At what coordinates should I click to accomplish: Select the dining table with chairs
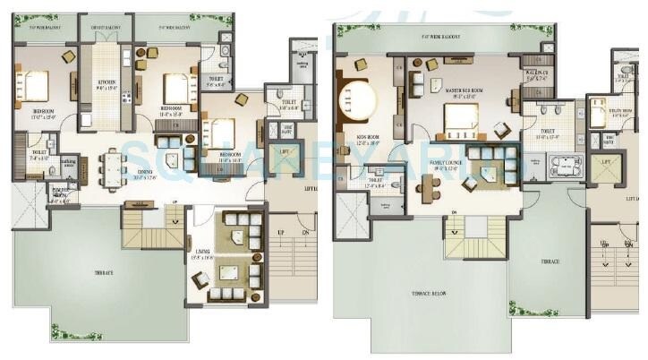(x=113, y=166)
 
